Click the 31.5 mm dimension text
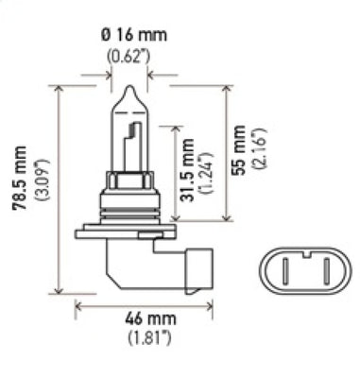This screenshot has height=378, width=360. coord(189,170)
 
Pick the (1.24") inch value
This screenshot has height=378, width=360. coord(205,171)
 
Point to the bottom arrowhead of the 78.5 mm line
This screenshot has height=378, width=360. coord(60,290)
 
